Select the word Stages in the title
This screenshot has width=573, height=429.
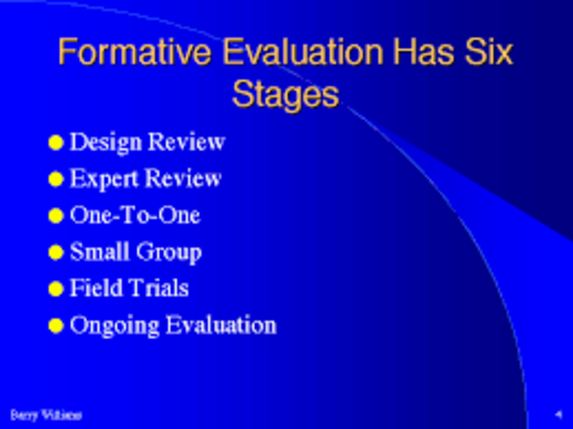[x=286, y=92]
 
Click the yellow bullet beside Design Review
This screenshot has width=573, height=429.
[x=56, y=142]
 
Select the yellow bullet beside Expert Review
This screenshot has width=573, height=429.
[x=56, y=179]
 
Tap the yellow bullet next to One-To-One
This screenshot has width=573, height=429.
[x=56, y=216]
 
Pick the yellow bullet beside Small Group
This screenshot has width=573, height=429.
[x=56, y=253]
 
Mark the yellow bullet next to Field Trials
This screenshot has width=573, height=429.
[x=56, y=289]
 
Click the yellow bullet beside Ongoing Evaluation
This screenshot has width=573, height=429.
[x=56, y=326]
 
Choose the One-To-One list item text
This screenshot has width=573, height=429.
[x=135, y=216]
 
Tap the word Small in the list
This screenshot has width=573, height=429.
[x=98, y=253]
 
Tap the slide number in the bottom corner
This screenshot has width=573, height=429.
[x=557, y=414]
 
